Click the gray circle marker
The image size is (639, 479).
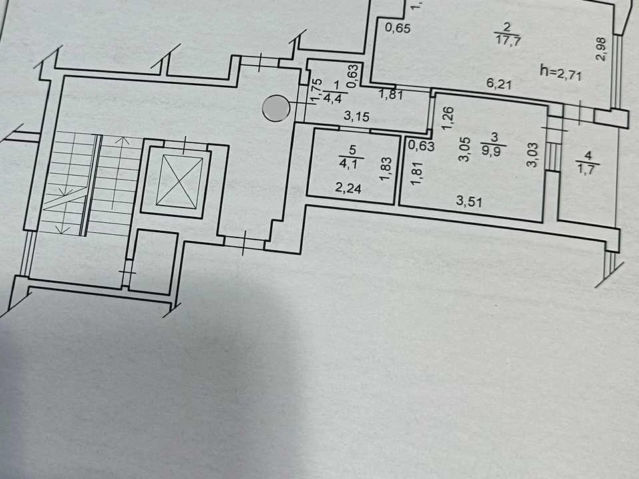[x=276, y=108]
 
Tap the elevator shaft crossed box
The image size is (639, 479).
[x=179, y=180]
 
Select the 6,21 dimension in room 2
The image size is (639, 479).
[x=499, y=84]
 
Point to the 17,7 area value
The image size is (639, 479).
[x=508, y=41]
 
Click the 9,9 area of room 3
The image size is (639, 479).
[x=493, y=152]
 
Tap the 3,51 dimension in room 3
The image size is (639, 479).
[x=469, y=201]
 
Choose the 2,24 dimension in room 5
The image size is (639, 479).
[x=348, y=188]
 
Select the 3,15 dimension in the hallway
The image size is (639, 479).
[x=357, y=116]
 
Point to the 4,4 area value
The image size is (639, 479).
[x=334, y=98]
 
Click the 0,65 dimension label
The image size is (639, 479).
[x=397, y=28]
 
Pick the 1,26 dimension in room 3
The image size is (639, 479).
[x=447, y=118]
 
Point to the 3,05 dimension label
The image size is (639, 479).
[x=465, y=150]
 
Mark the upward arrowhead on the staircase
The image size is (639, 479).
[x=122, y=141]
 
